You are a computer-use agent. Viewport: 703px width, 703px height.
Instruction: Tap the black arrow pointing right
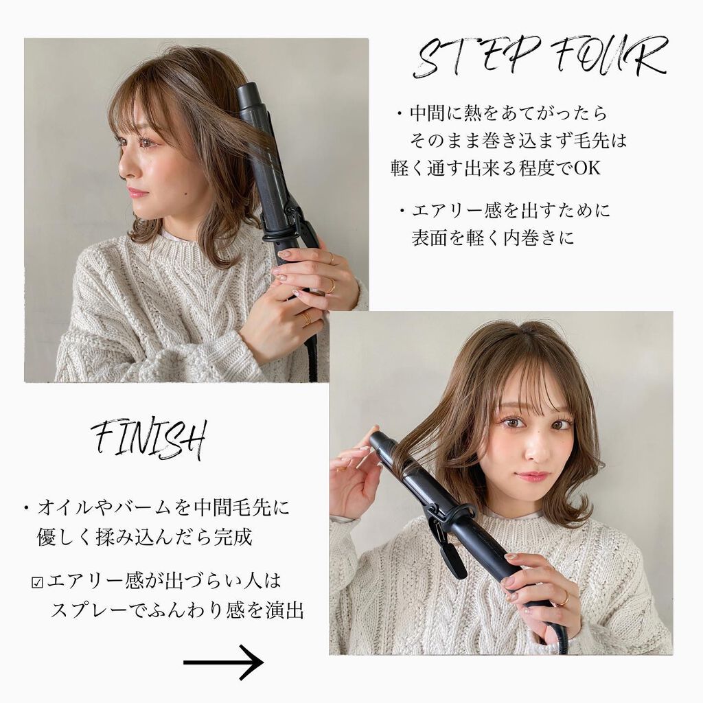(224, 662)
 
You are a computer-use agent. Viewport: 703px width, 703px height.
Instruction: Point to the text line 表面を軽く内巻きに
(492, 238)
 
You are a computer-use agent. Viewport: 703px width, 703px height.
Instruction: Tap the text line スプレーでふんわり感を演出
(177, 610)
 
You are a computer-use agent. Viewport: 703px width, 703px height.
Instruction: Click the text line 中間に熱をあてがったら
(508, 113)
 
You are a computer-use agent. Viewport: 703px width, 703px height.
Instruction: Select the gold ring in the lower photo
(563, 598)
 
